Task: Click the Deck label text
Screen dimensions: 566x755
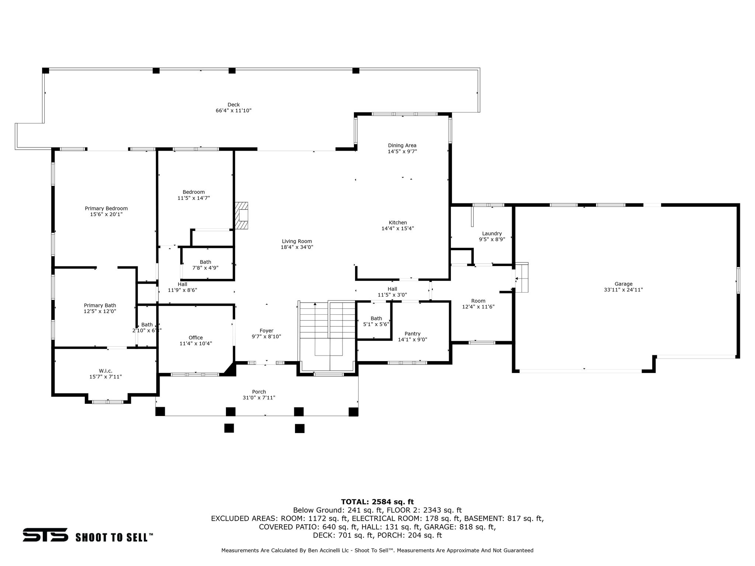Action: coord(233,105)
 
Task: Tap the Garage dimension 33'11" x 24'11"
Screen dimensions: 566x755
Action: coord(623,290)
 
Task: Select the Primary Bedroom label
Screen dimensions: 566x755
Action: coord(106,208)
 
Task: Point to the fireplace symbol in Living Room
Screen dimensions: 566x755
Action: coord(241,215)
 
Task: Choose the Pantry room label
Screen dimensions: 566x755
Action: coord(412,333)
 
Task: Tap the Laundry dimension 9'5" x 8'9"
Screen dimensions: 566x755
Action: coord(492,239)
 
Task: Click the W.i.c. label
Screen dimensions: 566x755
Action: coord(105,371)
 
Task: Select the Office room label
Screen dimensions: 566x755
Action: coord(195,338)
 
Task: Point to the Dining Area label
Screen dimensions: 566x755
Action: coord(402,145)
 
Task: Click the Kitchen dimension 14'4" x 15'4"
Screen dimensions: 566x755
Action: coord(397,228)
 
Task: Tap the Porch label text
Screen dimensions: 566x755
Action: coord(259,392)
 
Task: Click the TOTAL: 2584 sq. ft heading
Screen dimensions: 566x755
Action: coord(377,502)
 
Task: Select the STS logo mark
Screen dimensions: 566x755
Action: coord(45,535)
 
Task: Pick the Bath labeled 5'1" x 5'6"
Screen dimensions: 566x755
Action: coord(376,321)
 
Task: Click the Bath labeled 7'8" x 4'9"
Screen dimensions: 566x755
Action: coord(205,265)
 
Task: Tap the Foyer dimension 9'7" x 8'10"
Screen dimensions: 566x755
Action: coord(266,336)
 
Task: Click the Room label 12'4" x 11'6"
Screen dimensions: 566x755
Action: coord(478,304)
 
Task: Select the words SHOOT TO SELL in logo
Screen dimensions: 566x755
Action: coord(114,537)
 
